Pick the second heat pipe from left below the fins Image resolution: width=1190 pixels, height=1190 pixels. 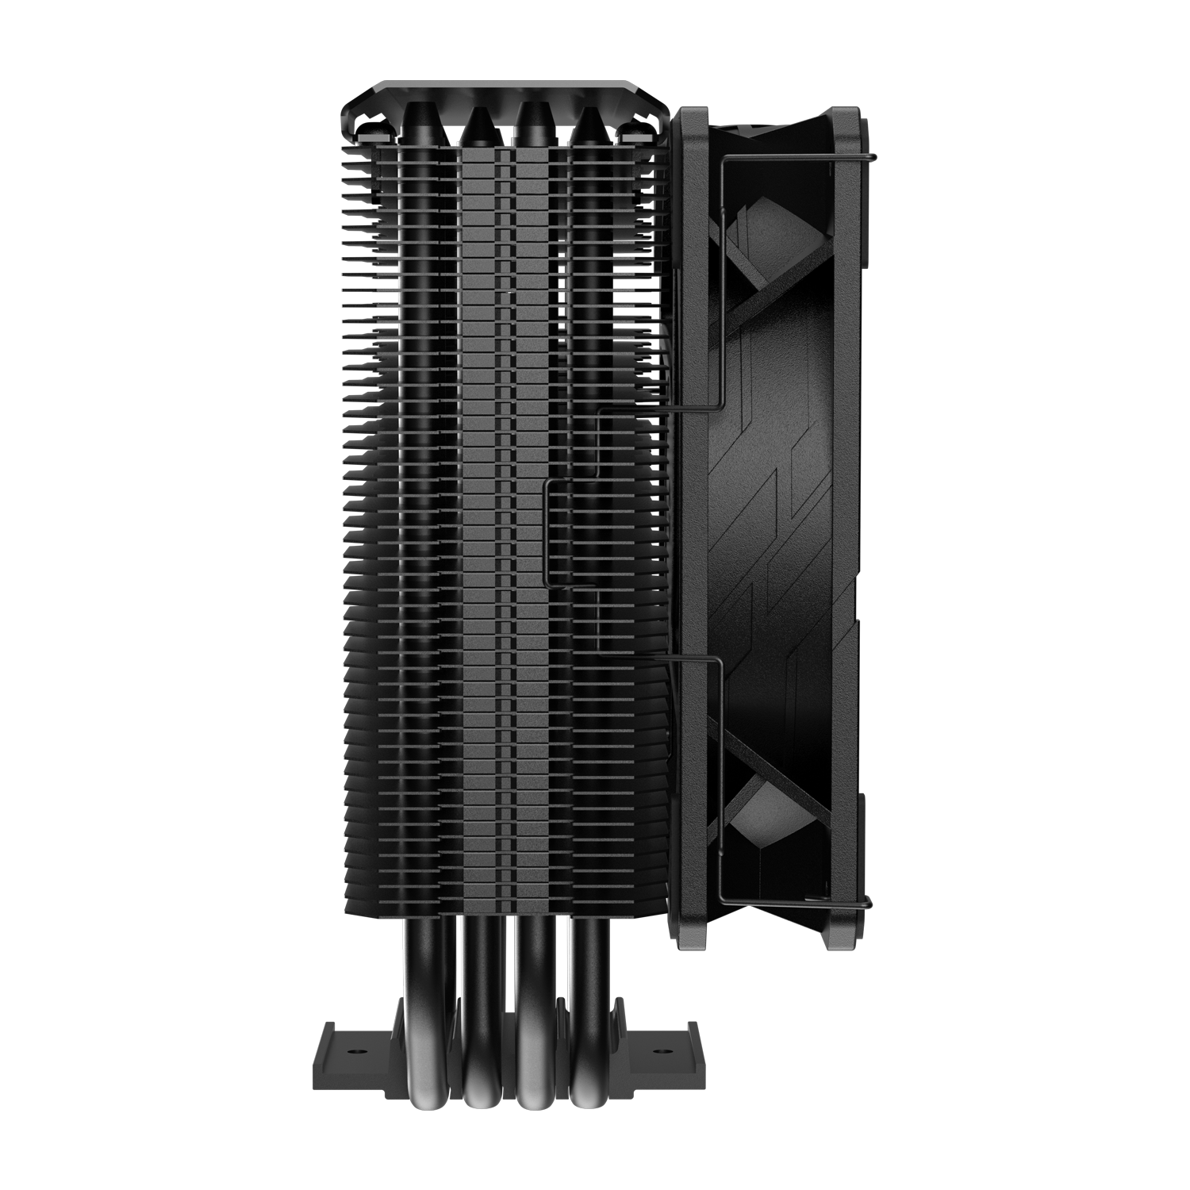point(478,1031)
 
